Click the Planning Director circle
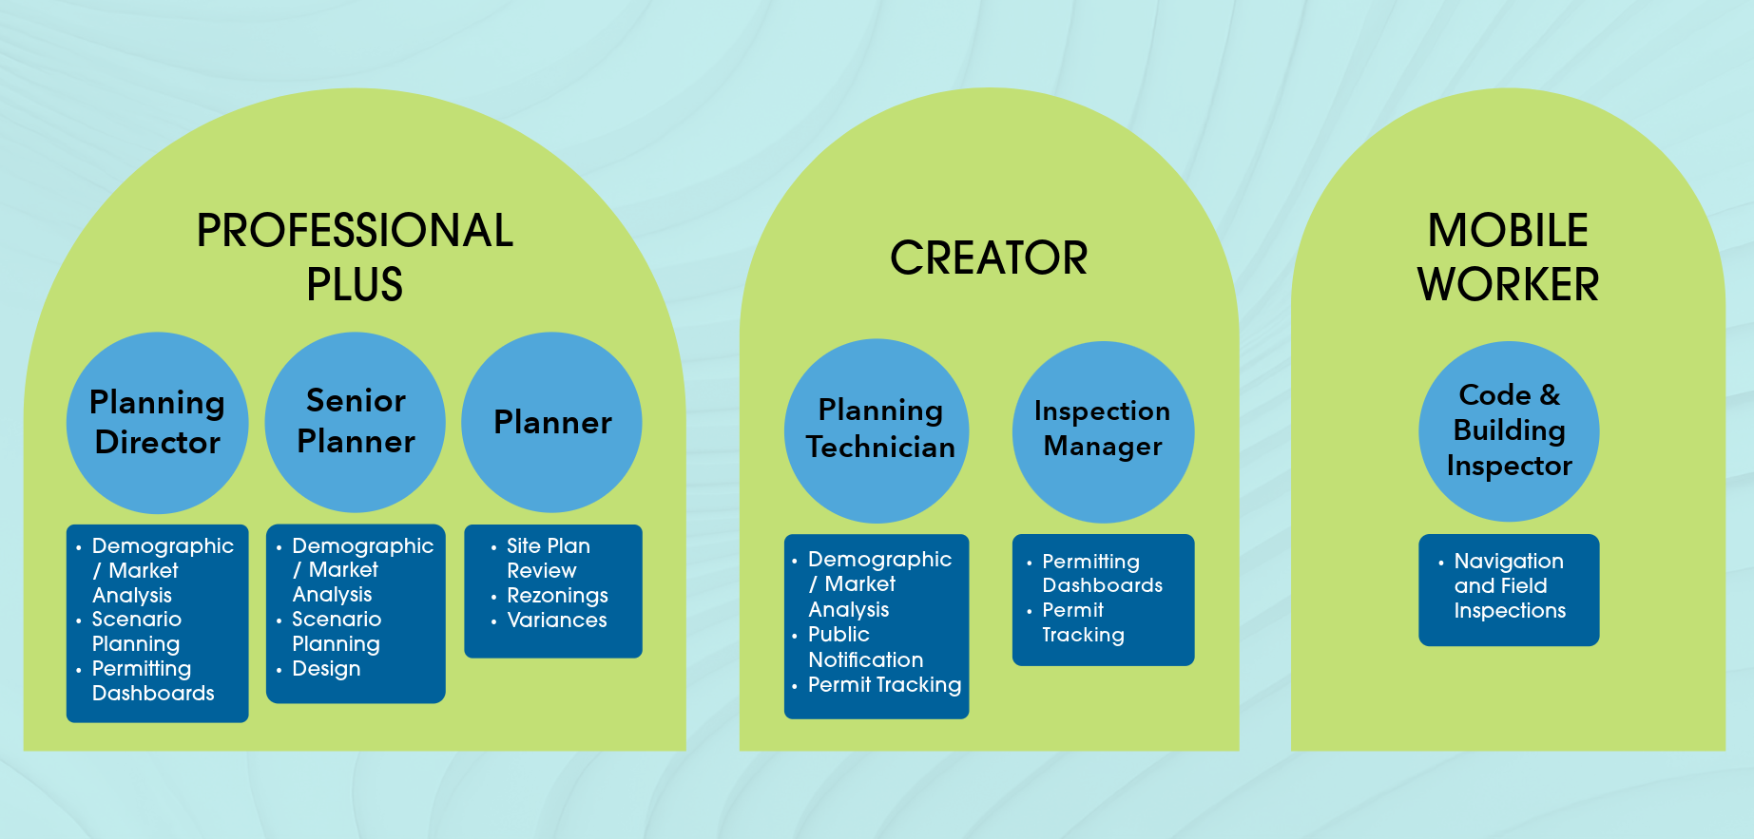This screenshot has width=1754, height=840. click(x=158, y=423)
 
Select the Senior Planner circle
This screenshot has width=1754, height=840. click(x=356, y=422)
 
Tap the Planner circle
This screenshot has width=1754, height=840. click(x=552, y=422)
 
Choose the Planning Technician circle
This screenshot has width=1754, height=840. click(x=877, y=430)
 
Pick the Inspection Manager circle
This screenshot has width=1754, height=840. click(x=1103, y=430)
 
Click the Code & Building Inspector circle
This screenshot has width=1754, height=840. click(x=1509, y=430)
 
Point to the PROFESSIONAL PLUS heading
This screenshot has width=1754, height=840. click(x=355, y=258)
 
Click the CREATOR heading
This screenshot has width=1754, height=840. click(x=989, y=258)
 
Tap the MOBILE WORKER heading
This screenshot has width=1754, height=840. click(x=1508, y=258)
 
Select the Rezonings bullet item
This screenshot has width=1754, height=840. click(x=557, y=596)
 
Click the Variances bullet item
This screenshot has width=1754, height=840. click(x=557, y=620)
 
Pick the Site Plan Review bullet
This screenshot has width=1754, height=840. click(x=548, y=559)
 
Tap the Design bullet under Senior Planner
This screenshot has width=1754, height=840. click(x=326, y=669)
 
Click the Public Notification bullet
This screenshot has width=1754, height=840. click(x=864, y=647)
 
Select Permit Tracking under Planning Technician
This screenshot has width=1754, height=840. click(x=884, y=685)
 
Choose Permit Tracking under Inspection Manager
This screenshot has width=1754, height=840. click(x=1083, y=622)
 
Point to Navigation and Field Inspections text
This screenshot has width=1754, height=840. click(x=1509, y=586)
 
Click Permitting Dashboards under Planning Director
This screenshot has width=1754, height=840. click(x=152, y=681)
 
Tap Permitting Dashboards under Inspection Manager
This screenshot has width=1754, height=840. click(x=1102, y=574)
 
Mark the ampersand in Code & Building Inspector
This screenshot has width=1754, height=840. click(x=1550, y=394)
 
